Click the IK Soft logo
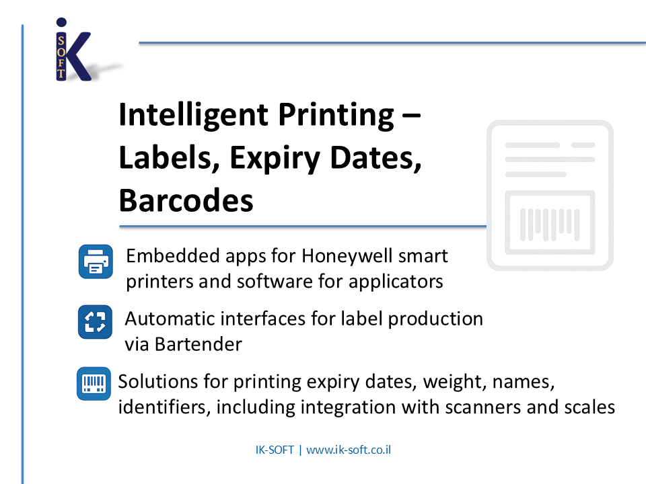tap(73, 49)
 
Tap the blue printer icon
tap(96, 261)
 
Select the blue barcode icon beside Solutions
tap(94, 384)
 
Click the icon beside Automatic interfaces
tap(95, 322)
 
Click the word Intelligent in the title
tap(194, 116)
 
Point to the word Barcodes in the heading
tap(186, 200)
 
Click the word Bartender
tap(198, 344)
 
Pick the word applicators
tap(396, 282)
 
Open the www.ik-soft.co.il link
tap(349, 450)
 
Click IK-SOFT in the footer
tap(275, 450)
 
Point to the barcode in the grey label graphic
tap(550, 225)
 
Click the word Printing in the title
tap(336, 116)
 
